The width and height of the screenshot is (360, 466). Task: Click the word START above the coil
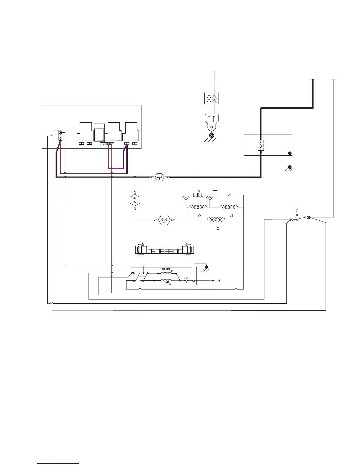166,269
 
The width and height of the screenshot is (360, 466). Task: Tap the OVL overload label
187,278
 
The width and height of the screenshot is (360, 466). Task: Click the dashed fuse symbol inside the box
260,145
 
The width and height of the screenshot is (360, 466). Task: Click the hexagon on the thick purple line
159,177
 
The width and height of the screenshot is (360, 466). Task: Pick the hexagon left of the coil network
165,219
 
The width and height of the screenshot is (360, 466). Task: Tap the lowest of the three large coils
216,220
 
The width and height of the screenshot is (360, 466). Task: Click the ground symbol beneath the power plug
211,137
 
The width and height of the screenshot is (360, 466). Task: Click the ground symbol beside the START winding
206,268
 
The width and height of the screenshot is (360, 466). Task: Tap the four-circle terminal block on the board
107,144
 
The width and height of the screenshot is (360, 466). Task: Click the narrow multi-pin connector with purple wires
60,135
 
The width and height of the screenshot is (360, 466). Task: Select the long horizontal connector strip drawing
164,249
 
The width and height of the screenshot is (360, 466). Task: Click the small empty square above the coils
215,193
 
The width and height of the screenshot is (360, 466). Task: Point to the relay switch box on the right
300,217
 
